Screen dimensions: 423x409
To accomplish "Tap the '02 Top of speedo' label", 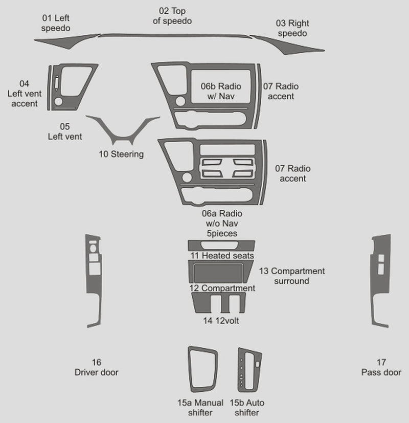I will click(x=172, y=16).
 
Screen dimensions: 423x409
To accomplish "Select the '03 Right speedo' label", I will click(x=292, y=28).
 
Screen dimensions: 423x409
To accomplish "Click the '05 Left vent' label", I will click(x=64, y=131).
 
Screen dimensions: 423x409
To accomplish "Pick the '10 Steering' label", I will click(x=121, y=154).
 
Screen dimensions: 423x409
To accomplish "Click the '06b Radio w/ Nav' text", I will click(x=221, y=91).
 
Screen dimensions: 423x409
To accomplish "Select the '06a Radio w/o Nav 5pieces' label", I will click(x=221, y=223).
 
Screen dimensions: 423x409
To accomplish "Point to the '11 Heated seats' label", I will click(x=222, y=255).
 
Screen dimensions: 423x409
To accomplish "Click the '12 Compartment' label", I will click(x=222, y=288).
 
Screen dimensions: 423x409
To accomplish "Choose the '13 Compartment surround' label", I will click(x=291, y=276).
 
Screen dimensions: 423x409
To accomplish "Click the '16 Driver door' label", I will click(x=96, y=367).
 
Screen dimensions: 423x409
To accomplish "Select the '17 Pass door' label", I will click(x=381, y=367).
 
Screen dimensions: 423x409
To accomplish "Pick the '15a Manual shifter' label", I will click(x=200, y=407).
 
